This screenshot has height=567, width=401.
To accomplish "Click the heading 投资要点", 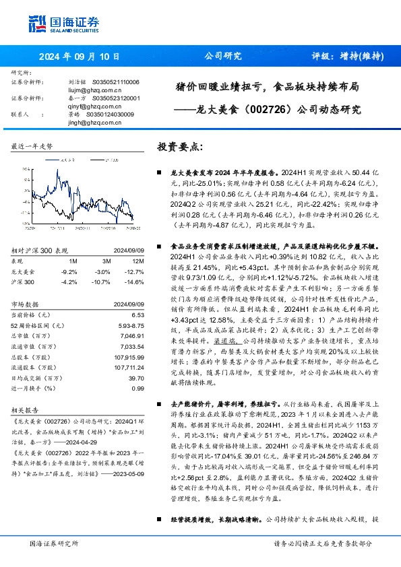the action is pos(179,146).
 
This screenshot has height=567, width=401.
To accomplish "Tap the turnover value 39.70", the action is pos(135,379).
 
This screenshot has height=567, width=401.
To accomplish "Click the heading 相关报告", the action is pos(27,409).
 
